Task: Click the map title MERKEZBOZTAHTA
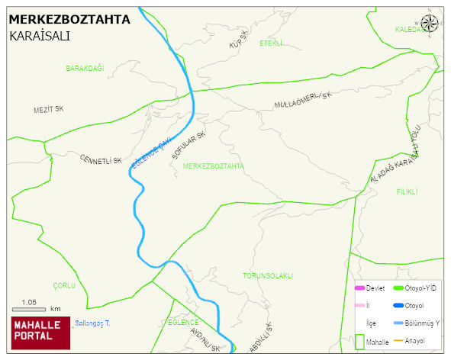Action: click(x=69, y=20)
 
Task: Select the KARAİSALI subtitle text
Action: click(x=40, y=36)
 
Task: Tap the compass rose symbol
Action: click(x=430, y=23)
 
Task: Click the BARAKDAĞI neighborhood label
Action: click(x=84, y=69)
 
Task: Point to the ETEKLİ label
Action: click(x=271, y=43)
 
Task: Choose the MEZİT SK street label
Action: click(x=48, y=110)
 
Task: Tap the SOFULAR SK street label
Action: click(x=189, y=146)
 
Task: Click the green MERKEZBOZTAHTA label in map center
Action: click(x=214, y=166)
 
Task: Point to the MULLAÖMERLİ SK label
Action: click(x=304, y=100)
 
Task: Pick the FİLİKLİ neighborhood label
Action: click(x=407, y=192)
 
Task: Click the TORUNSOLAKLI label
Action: click(x=268, y=275)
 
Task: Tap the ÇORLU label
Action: click(x=64, y=285)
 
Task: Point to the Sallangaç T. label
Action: click(x=92, y=324)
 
